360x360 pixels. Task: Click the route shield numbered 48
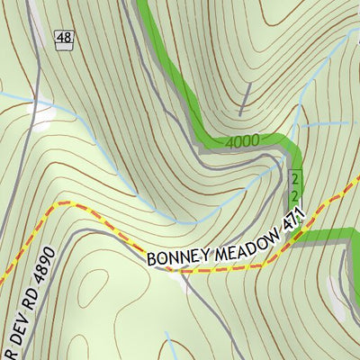coord(64,38)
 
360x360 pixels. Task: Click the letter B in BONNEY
coord(152,260)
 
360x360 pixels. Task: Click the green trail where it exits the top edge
coord(141,4)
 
